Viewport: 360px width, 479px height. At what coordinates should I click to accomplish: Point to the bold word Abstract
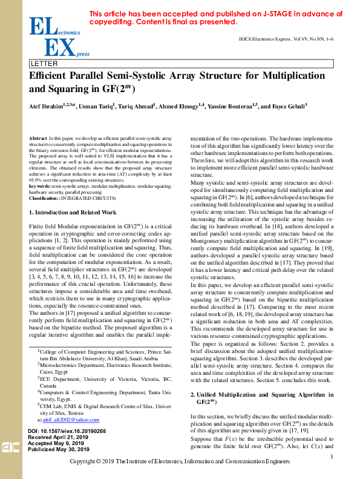point(38,139)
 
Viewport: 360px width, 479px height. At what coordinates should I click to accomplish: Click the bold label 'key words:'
point(40,185)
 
